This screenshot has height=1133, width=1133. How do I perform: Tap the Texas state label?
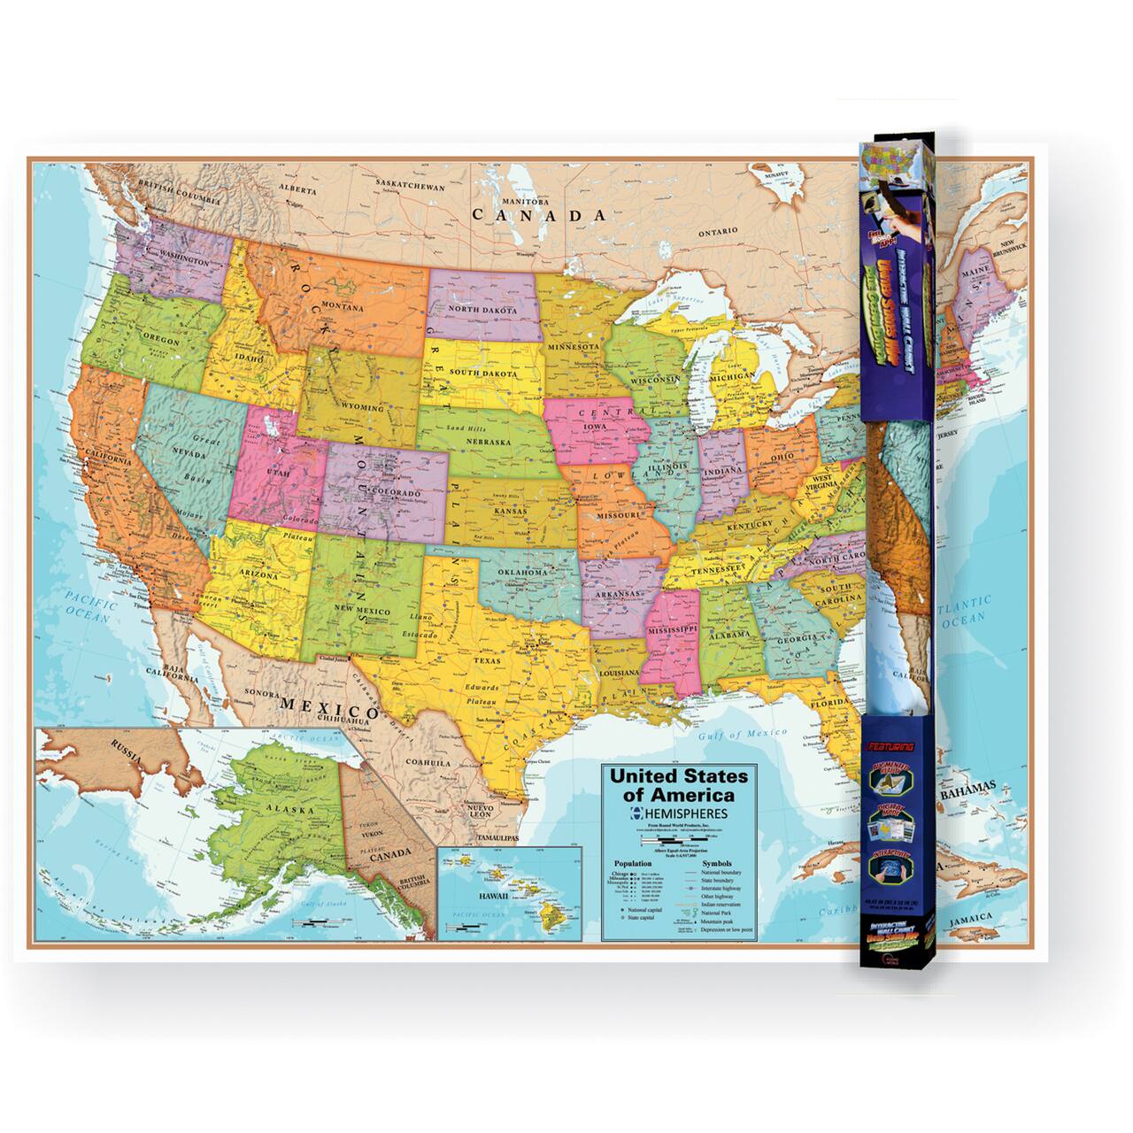pyautogui.click(x=486, y=659)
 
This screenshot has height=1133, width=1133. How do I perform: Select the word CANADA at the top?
pyautogui.click(x=539, y=215)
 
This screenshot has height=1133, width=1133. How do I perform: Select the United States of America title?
pyautogui.click(x=675, y=784)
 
